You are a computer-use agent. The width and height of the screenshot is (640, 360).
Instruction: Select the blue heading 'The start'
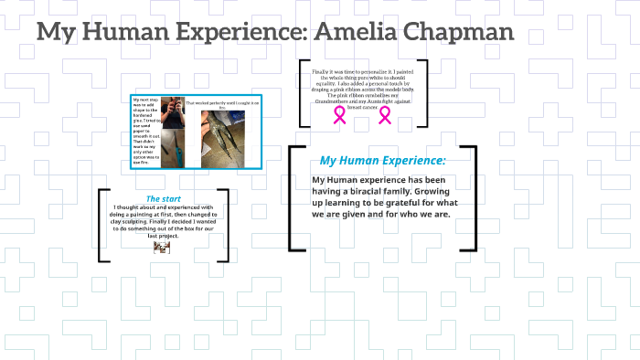pos(163,198)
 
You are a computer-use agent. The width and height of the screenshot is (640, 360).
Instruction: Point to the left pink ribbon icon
pos(340,114)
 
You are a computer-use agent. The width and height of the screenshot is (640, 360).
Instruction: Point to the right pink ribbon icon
pos(385,114)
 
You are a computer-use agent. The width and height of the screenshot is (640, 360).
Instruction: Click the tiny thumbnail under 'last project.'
pos(162,247)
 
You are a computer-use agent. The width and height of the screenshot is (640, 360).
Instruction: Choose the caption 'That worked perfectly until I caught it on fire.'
pos(223,105)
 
